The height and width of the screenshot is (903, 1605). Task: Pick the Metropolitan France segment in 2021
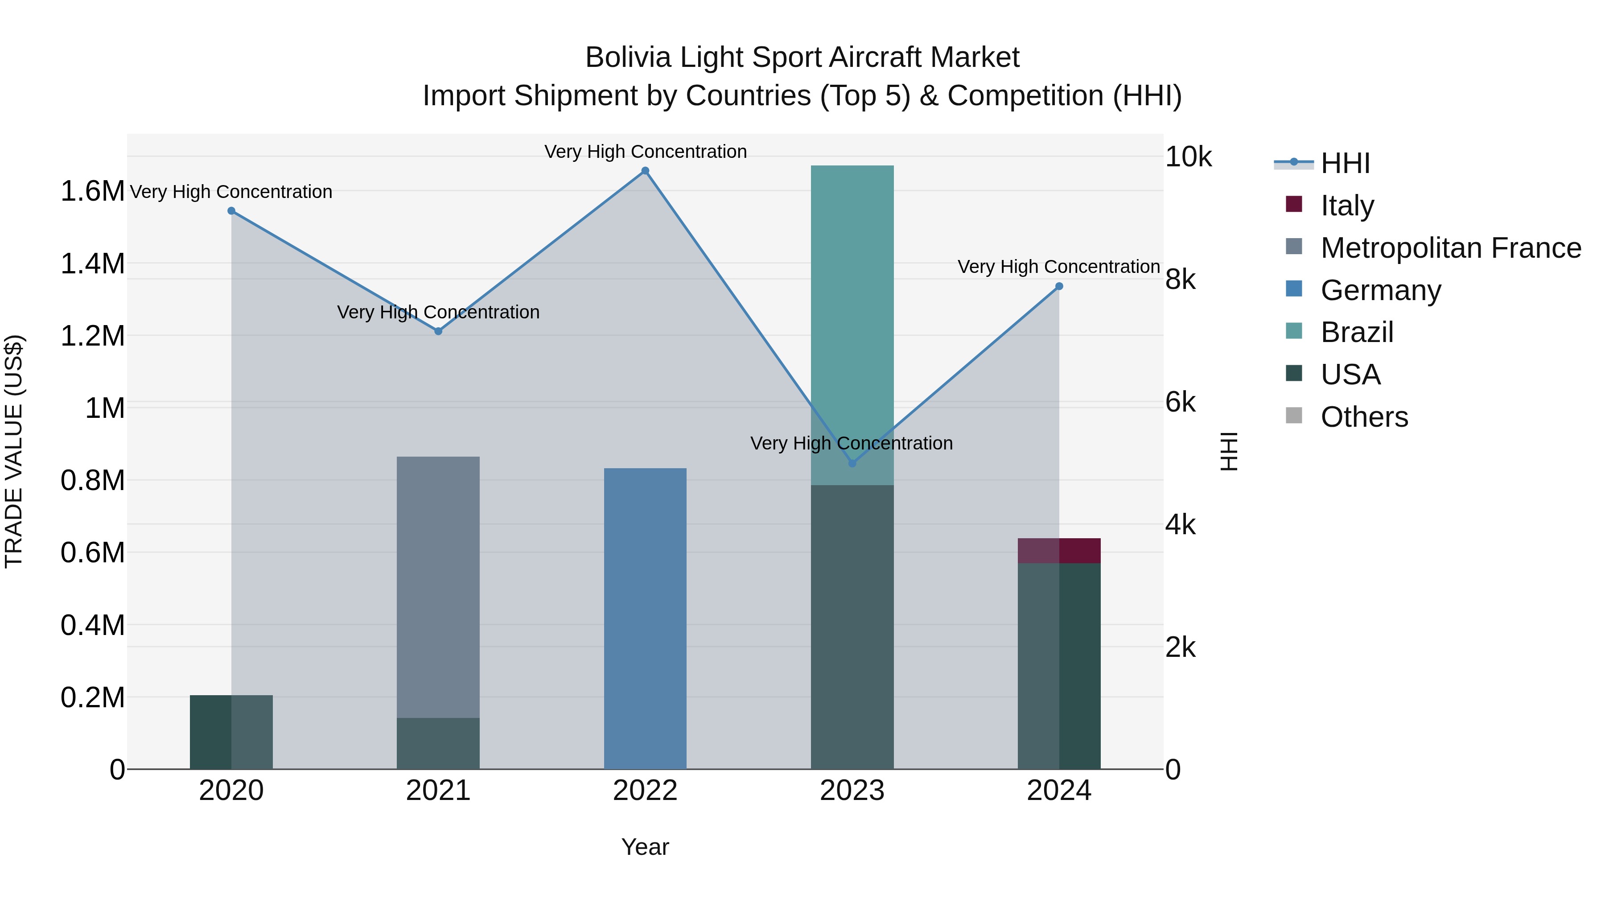pyautogui.click(x=438, y=586)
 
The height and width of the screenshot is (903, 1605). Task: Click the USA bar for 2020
pyautogui.click(x=231, y=732)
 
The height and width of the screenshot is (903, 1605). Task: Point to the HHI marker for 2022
pyautogui.click(x=645, y=171)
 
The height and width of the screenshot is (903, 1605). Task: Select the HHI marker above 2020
pyautogui.click(x=231, y=210)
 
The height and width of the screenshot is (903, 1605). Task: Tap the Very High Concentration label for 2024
pyautogui.click(x=1058, y=267)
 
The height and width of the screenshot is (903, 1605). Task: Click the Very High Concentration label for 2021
pyautogui.click(x=438, y=312)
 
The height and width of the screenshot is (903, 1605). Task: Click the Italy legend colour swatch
pyautogui.click(x=1293, y=204)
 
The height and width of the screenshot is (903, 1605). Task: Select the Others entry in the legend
pyautogui.click(x=1364, y=417)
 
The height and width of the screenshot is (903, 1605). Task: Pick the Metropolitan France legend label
pyautogui.click(x=1450, y=248)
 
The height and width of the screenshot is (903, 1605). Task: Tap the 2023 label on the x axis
pyautogui.click(x=852, y=791)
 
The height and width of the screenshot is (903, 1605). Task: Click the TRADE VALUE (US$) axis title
pyautogui.click(x=14, y=451)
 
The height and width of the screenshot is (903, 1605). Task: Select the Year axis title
pyautogui.click(x=645, y=847)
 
